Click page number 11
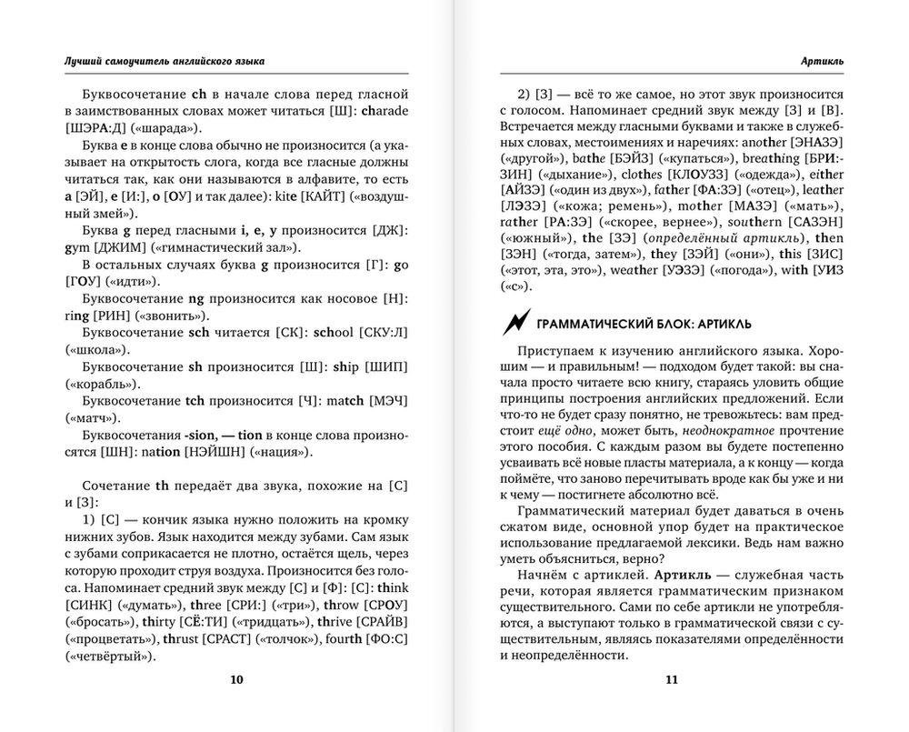[672, 679]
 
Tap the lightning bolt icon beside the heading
[514, 322]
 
